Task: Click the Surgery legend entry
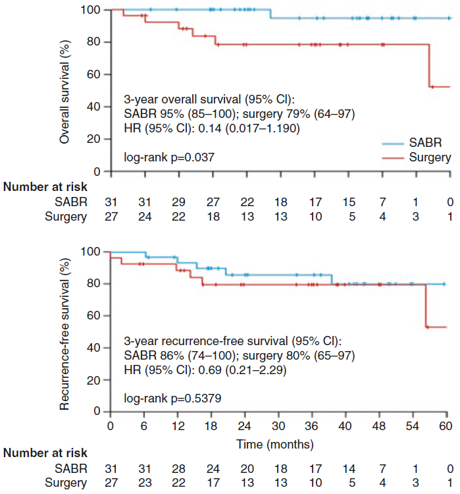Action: coord(428,157)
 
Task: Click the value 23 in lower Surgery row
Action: coord(144,482)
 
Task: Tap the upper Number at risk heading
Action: coord(45,186)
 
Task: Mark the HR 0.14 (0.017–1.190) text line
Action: coord(212,128)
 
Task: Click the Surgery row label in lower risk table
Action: coord(65,482)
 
